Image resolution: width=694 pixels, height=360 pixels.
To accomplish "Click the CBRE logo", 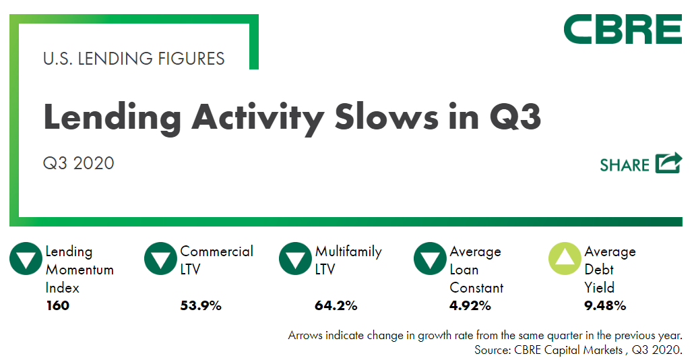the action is (x=623, y=29).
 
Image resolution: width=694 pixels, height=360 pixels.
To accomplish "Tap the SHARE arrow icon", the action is (x=668, y=163).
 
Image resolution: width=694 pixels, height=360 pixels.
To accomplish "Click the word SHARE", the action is (x=625, y=165).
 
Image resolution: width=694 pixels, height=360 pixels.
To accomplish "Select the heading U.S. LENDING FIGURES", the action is (x=133, y=59).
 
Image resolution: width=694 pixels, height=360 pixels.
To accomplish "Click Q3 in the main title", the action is (x=515, y=117).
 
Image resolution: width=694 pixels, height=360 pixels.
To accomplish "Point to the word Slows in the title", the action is (x=386, y=117).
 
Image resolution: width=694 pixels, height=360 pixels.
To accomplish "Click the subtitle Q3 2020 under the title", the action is (x=78, y=163).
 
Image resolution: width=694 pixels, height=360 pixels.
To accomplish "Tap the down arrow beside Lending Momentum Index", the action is (x=26, y=259).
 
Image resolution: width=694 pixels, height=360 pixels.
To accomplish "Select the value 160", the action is (x=57, y=305).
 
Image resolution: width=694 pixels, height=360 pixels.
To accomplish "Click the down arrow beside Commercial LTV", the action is (x=160, y=259).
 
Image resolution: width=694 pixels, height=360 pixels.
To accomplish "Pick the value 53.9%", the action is (x=201, y=305).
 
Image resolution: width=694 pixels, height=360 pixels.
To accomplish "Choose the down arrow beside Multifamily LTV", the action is (x=295, y=259).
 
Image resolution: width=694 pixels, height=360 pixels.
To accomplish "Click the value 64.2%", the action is (x=336, y=305).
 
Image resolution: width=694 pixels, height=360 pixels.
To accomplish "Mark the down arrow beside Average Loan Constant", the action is (x=430, y=259).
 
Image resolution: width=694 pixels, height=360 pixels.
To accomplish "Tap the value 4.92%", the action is (x=470, y=305).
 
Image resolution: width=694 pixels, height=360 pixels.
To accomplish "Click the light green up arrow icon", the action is (x=565, y=259).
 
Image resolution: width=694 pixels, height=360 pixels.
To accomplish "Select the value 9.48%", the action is (x=605, y=305).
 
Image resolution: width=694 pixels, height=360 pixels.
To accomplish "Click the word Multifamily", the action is (x=348, y=251).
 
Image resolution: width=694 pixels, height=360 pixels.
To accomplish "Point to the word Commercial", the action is (x=216, y=251).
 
